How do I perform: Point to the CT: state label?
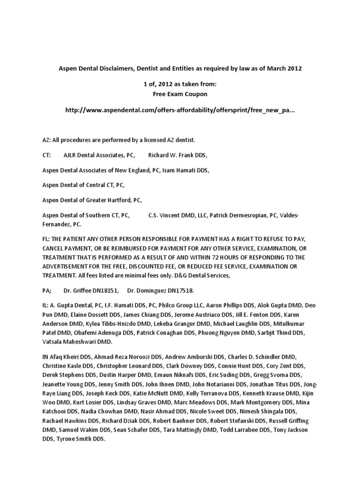point(46,155)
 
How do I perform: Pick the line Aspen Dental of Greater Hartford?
point(92,200)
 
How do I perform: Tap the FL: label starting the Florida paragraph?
point(46,239)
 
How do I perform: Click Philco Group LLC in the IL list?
point(160,306)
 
